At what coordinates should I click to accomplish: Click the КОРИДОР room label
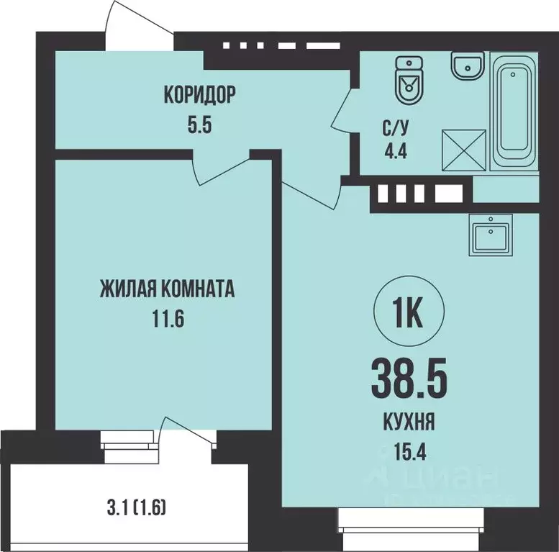200,94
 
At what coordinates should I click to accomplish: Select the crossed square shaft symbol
462,149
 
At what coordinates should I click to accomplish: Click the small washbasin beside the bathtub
467,67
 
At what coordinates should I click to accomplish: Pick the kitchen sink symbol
490,235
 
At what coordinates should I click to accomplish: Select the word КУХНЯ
408,424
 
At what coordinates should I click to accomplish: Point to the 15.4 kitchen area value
408,453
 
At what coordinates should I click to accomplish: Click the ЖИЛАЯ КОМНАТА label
168,289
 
